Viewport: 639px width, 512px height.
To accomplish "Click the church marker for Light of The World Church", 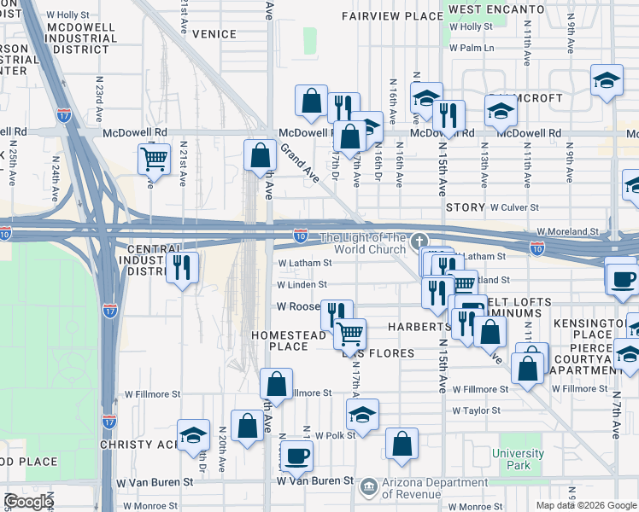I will click(419, 241).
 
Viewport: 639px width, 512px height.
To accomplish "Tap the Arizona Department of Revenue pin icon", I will click(368, 486).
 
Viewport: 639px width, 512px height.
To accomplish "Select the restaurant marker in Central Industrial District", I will click(182, 268).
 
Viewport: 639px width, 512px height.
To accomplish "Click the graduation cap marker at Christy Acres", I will click(193, 435).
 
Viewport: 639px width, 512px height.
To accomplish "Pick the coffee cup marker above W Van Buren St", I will click(296, 455).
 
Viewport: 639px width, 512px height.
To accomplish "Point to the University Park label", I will click(518, 459).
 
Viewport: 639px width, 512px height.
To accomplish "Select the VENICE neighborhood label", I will click(214, 34).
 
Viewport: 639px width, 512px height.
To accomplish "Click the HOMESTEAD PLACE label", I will click(290, 340).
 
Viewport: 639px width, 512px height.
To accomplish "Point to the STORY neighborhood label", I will click(465, 207).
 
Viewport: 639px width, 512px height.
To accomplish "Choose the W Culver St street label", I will click(514, 207).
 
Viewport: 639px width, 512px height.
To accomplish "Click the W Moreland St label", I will click(567, 232).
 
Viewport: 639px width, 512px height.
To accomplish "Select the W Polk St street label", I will click(334, 435).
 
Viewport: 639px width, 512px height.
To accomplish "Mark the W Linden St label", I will click(302, 285).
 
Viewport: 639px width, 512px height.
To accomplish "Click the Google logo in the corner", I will click(28, 502).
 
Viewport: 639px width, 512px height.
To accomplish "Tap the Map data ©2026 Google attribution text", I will click(586, 505).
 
